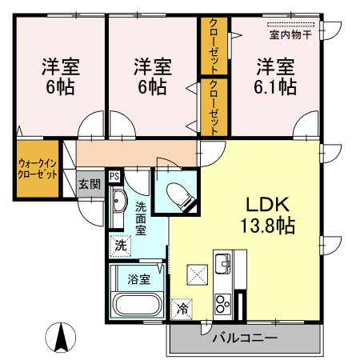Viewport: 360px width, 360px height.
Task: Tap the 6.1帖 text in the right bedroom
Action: [276, 86]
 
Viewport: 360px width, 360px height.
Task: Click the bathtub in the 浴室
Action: [138, 305]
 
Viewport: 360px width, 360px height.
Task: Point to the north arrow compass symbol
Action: [59, 336]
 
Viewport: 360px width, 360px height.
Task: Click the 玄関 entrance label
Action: [90, 183]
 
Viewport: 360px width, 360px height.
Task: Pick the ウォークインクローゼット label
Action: [37, 168]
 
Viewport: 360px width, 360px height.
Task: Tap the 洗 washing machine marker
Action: [120, 245]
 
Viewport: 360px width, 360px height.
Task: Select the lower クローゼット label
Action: [214, 106]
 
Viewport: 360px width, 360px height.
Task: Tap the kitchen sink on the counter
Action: [222, 262]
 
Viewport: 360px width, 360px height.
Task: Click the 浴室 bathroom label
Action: [139, 279]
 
